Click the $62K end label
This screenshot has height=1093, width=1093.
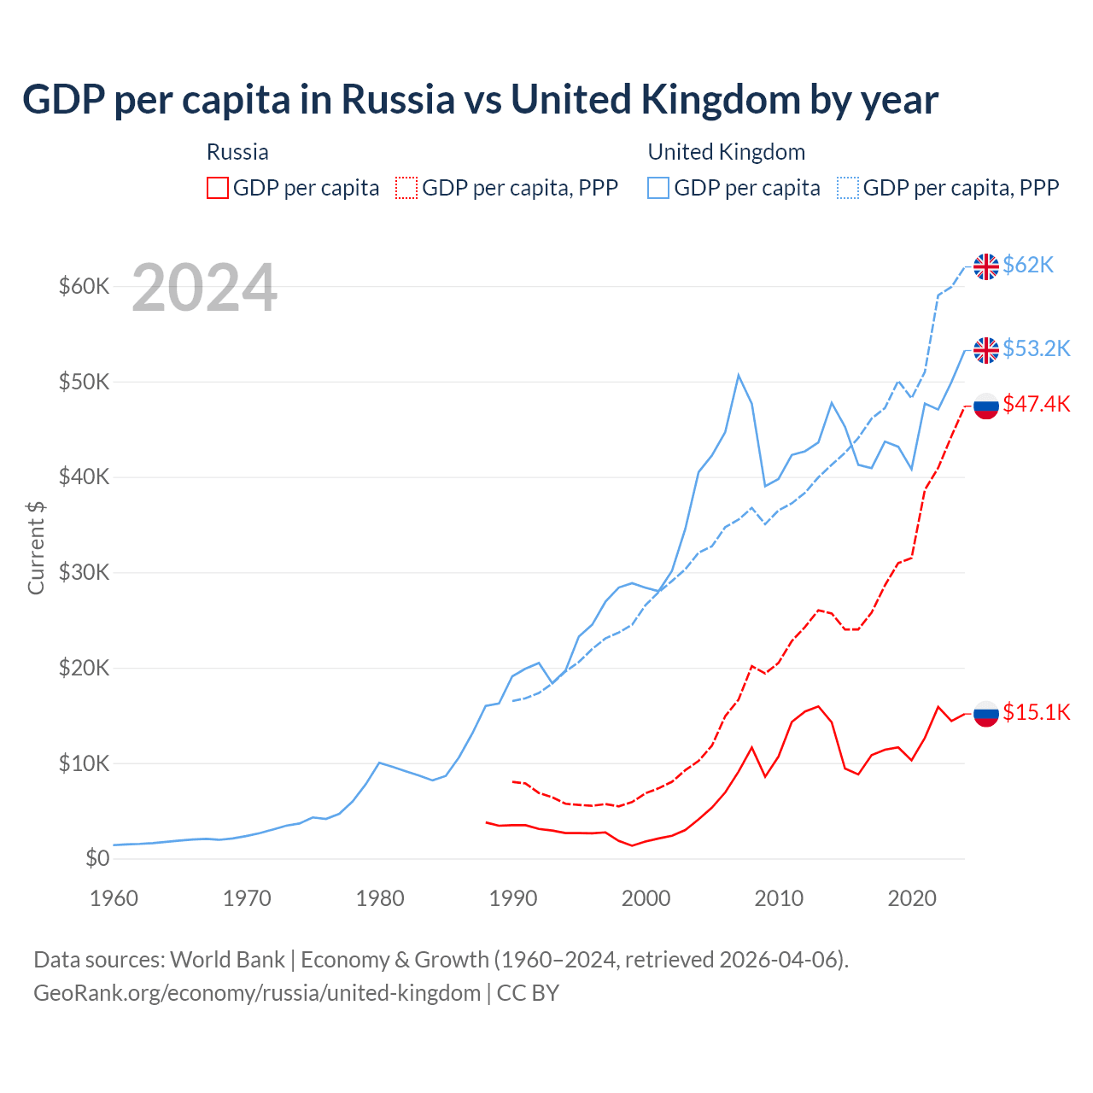pyautogui.click(x=1028, y=266)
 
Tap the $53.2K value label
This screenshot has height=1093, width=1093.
pyautogui.click(x=1036, y=348)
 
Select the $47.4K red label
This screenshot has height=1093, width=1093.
pyautogui.click(x=1036, y=404)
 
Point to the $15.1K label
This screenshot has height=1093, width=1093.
pyautogui.click(x=1036, y=712)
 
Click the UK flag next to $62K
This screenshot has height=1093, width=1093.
pyautogui.click(x=986, y=266)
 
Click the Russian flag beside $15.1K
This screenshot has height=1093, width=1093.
pyautogui.click(x=986, y=713)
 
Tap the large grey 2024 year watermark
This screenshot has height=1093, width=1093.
pyautogui.click(x=204, y=288)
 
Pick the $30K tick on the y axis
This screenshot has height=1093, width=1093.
pyautogui.click(x=84, y=572)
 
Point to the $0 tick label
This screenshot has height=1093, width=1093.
pyautogui.click(x=97, y=858)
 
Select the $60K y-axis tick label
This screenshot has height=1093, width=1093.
pyautogui.click(x=84, y=286)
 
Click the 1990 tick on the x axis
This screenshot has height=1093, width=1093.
pyautogui.click(x=513, y=898)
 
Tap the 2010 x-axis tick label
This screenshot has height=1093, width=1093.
pyautogui.click(x=779, y=898)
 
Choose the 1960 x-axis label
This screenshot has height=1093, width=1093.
pyautogui.click(x=114, y=898)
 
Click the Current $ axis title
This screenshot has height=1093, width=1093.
pyautogui.click(x=36, y=548)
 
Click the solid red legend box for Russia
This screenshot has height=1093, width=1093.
pyautogui.click(x=218, y=188)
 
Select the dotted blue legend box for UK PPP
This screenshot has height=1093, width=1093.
pyautogui.click(x=848, y=188)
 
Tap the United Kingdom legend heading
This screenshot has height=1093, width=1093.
pyautogui.click(x=726, y=152)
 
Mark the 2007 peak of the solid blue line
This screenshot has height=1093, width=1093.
pyautogui.click(x=739, y=375)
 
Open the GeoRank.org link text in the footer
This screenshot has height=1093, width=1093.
pyautogui.click(x=256, y=993)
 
